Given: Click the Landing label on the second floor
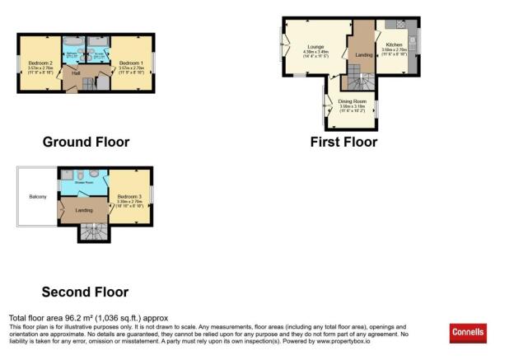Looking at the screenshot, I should tap(84, 209).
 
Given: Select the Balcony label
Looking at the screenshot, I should tap(37, 196).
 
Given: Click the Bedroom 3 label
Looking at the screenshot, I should tap(130, 195).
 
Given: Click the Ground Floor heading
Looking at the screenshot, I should tap(86, 142).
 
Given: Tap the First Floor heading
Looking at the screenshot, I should tap(343, 142).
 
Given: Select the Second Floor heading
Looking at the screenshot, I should tap(86, 291).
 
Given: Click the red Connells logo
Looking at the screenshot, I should tap(468, 333).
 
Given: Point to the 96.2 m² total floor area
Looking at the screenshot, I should tap(87, 318).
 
